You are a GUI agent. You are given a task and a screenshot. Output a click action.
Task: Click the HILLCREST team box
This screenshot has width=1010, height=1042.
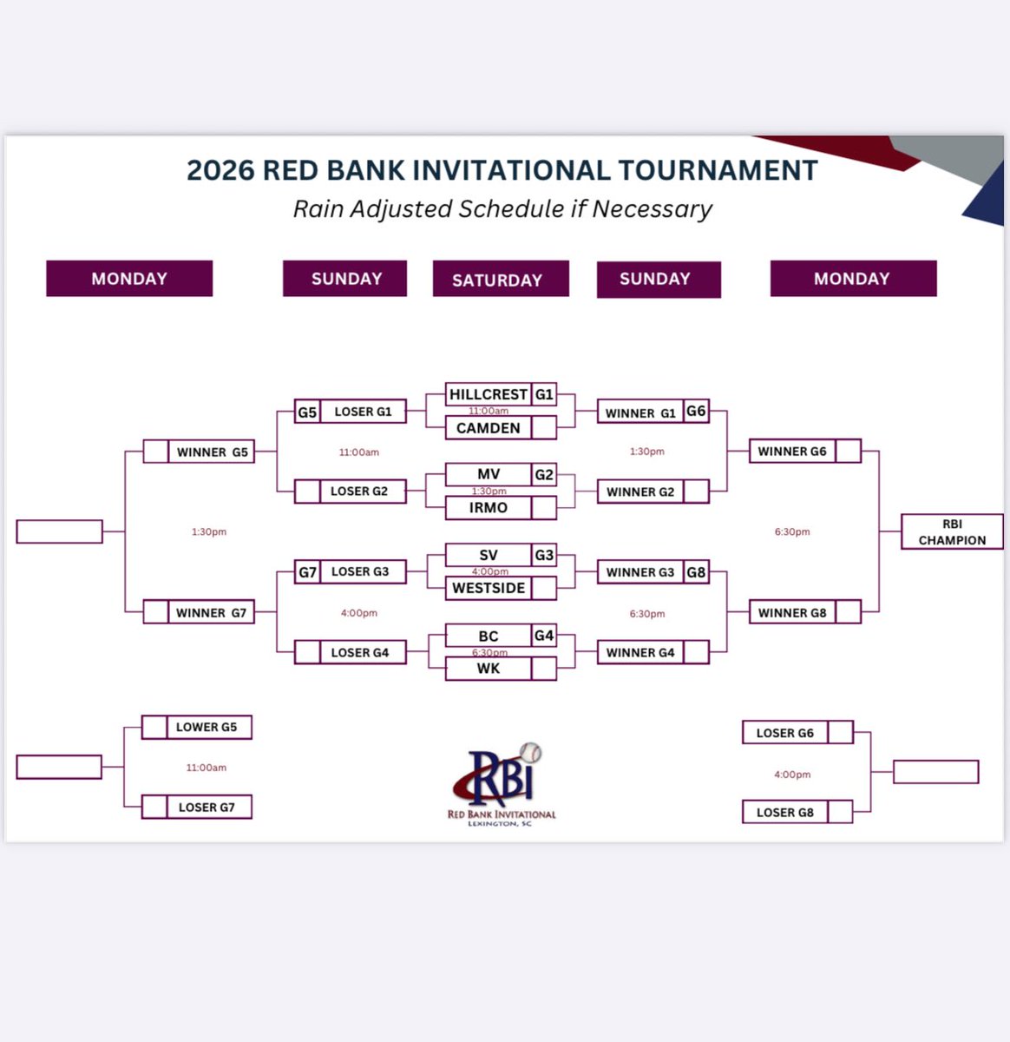[489, 394]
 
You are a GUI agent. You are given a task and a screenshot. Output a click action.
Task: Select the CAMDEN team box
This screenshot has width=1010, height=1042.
[489, 428]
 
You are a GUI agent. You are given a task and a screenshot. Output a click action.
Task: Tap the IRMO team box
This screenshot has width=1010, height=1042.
[489, 508]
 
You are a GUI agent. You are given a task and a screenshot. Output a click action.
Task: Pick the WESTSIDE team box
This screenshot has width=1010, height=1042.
[489, 588]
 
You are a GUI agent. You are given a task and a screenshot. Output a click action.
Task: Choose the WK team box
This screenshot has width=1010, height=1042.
[489, 669]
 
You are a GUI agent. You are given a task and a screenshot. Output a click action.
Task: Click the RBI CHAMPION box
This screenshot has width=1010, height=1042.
[952, 531]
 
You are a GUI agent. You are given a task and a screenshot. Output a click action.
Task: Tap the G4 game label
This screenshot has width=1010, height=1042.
[544, 636]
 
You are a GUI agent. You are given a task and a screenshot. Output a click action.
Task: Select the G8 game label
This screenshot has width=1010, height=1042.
[696, 572]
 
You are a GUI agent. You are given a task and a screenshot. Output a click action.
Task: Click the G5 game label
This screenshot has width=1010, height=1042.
[307, 412]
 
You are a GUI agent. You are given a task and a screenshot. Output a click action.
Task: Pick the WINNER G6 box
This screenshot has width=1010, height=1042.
[792, 452]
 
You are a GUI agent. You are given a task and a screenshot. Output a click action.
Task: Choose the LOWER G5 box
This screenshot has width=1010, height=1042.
[207, 727]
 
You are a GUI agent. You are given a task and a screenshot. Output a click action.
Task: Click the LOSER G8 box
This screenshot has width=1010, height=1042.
[785, 813]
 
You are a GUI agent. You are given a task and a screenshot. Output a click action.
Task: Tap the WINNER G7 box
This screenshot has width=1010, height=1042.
[211, 612]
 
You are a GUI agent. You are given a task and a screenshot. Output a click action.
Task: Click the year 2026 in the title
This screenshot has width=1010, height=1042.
[220, 170]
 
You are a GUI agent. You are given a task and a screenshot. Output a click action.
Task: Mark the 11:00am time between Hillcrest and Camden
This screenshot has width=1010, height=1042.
[489, 411]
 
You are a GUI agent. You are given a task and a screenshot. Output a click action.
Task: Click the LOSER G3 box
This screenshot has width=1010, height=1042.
[360, 572]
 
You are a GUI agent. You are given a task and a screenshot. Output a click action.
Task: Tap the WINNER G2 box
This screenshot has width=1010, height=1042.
[640, 491]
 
